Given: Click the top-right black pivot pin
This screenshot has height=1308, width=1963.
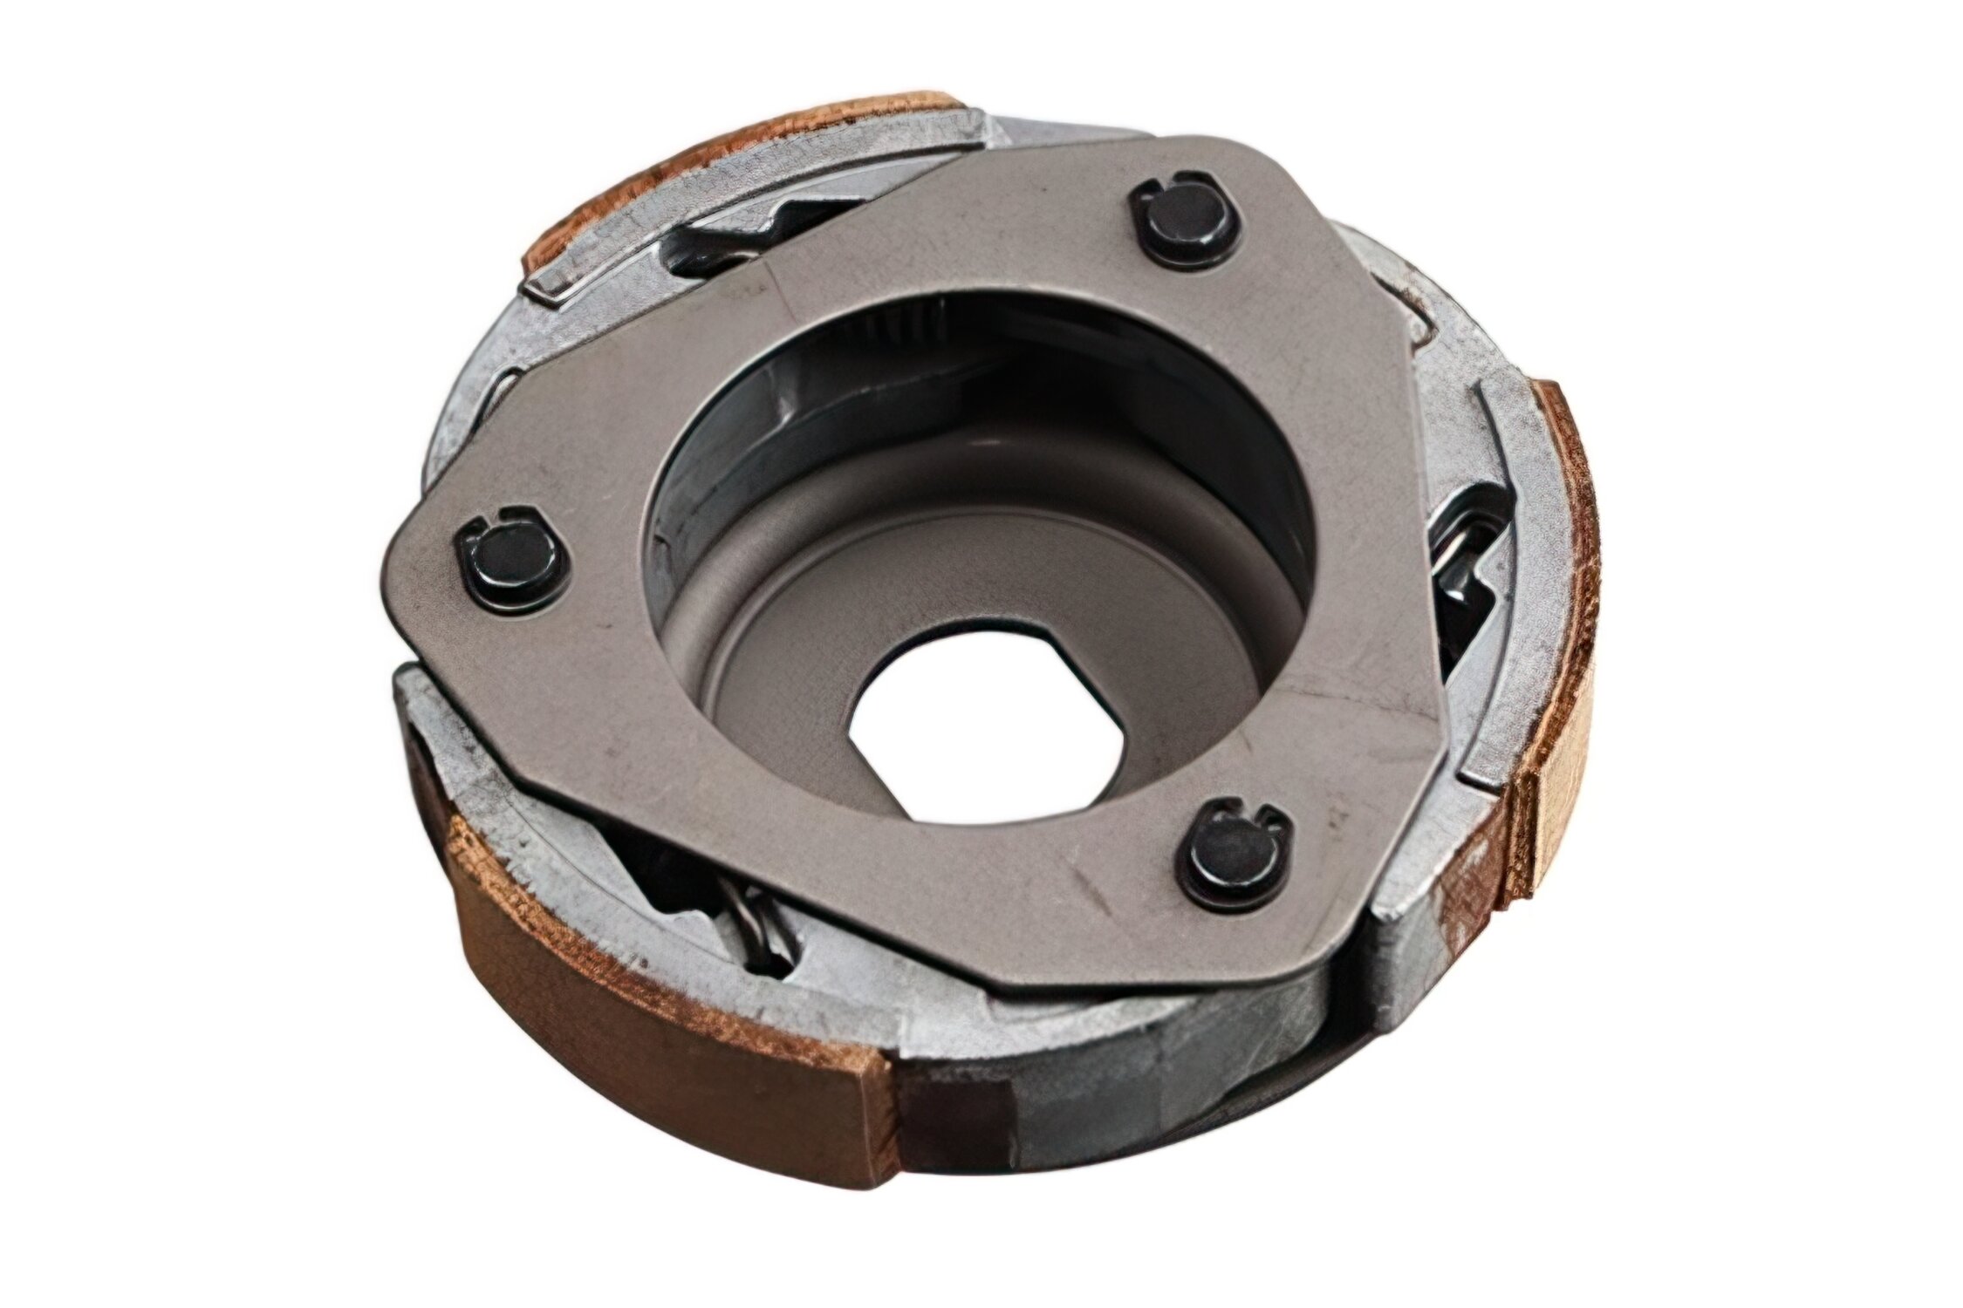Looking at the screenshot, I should coord(1182,225).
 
